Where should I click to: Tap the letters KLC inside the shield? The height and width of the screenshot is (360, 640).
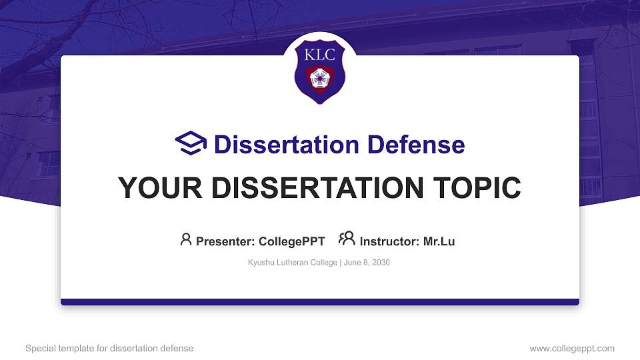click(320, 55)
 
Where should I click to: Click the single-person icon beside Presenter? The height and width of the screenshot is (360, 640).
click(186, 239)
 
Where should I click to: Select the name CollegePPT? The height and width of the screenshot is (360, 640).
click(291, 241)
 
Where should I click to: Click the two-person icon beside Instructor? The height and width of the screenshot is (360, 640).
click(347, 239)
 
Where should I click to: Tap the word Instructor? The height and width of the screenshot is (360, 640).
click(390, 241)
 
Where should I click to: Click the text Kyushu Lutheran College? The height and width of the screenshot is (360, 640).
click(293, 263)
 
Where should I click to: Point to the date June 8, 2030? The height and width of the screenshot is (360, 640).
click(367, 263)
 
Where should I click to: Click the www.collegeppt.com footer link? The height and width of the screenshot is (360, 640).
click(571, 348)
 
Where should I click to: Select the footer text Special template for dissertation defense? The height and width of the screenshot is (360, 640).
click(109, 348)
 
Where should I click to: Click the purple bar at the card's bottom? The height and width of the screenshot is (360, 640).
click(320, 302)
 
